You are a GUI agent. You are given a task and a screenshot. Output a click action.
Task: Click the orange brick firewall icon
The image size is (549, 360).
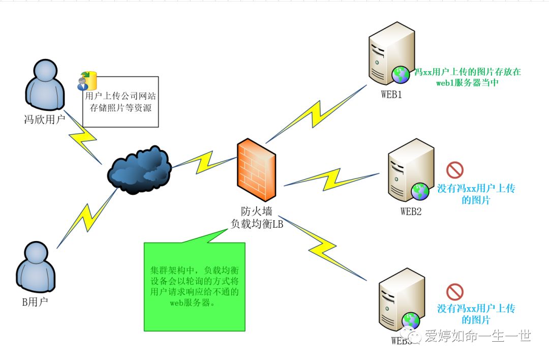(x=257, y=171)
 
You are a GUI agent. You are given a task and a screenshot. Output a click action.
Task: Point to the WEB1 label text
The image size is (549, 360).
(x=392, y=94)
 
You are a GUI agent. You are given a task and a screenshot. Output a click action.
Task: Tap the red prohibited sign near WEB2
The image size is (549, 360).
(x=454, y=170)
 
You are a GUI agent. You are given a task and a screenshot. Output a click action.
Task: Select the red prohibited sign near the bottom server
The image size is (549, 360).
(x=454, y=291)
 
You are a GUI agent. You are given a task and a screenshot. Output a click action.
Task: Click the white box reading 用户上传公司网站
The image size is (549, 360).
(x=120, y=102)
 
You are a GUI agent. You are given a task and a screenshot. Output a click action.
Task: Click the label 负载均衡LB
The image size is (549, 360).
(x=257, y=224)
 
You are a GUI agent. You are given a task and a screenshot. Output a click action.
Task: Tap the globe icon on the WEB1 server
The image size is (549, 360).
(x=401, y=75)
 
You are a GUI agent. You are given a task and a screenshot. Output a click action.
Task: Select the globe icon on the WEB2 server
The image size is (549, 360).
(x=420, y=192)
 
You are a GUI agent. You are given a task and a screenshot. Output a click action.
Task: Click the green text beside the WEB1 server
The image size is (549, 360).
(x=467, y=77)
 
